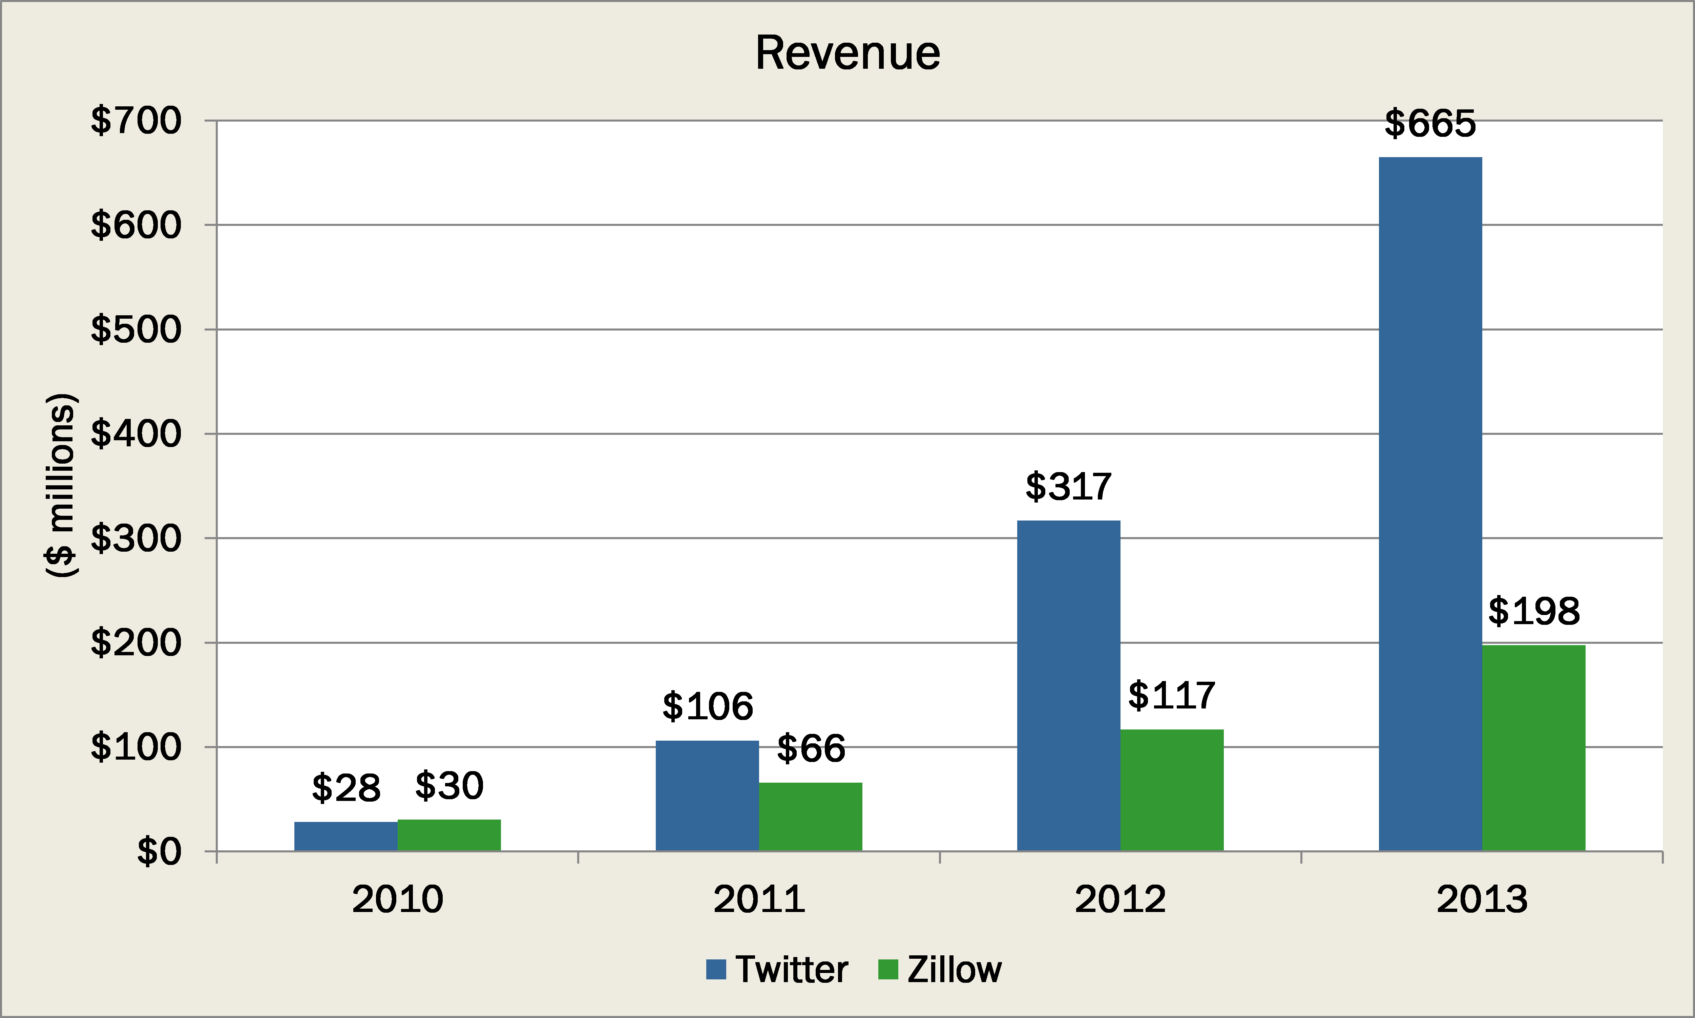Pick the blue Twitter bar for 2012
click(1068, 686)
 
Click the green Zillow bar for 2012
click(1172, 790)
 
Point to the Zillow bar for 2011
click(810, 816)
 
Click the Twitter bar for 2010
click(346, 836)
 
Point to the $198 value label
click(1534, 611)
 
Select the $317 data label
click(1068, 487)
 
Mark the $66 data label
click(811, 748)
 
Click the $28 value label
click(346, 788)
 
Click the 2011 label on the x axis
click(759, 899)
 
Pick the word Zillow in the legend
click(954, 969)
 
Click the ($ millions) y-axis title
click(60, 486)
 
